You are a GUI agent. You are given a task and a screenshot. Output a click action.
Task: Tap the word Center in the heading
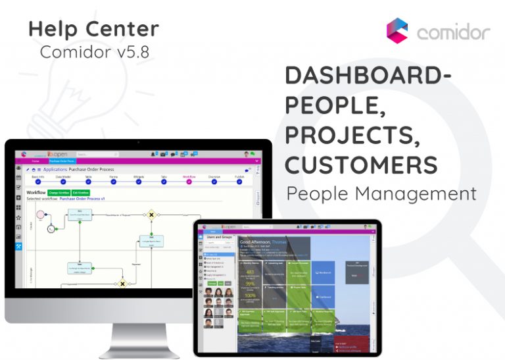[122, 29]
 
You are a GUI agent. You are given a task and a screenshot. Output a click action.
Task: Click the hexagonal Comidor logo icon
[397, 31]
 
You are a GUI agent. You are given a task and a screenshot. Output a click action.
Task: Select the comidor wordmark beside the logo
[454, 32]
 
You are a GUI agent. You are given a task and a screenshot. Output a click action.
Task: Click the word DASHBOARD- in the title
[368, 76]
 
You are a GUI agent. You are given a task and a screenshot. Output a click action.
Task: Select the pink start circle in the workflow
[41, 215]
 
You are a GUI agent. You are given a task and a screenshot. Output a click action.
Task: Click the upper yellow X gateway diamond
[151, 215]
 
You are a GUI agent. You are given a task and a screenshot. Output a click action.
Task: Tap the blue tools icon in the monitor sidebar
[19, 247]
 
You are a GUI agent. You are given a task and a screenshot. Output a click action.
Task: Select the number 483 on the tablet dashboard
[250, 271]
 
